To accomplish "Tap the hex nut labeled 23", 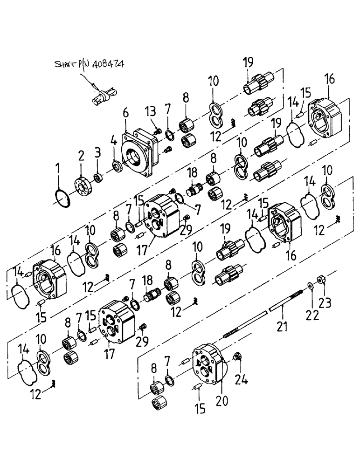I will point(321,281).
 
